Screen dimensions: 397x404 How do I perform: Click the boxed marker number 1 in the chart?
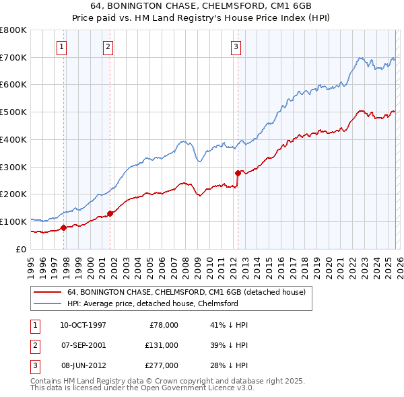(x=61, y=46)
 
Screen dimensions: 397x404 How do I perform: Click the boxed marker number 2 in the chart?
(x=108, y=46)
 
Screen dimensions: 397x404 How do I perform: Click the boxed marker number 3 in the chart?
(x=236, y=46)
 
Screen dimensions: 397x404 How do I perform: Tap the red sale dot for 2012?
(x=238, y=173)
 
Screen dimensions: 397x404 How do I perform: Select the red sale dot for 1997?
(x=63, y=227)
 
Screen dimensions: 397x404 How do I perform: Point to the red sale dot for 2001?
(x=110, y=213)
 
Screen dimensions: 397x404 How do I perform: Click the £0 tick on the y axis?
(x=21, y=249)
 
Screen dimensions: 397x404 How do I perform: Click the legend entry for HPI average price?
(x=152, y=303)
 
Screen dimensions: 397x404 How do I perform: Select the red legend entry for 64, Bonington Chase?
(x=187, y=292)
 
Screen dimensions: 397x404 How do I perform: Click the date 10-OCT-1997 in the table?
(x=83, y=324)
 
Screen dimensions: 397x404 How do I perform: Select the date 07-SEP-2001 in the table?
(x=83, y=345)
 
